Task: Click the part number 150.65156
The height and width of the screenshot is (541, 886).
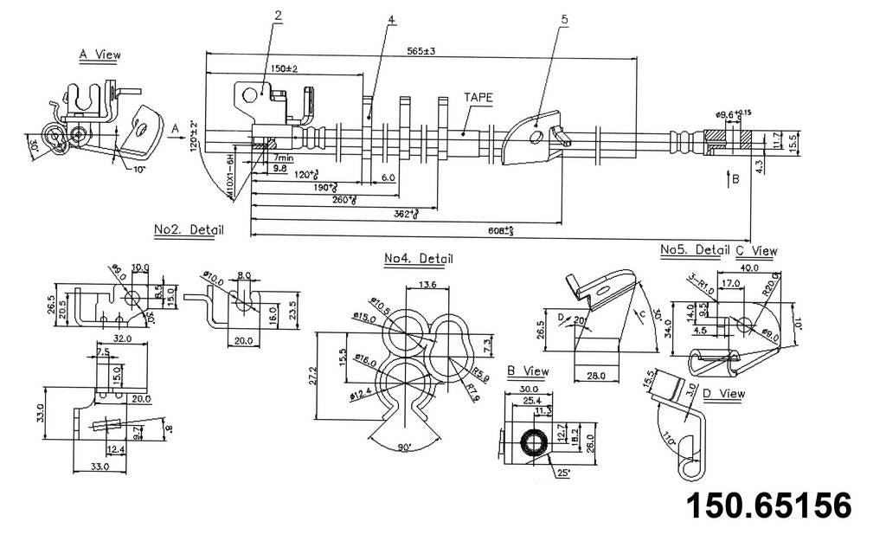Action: click(x=768, y=506)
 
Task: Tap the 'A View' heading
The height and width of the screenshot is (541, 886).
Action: click(x=100, y=55)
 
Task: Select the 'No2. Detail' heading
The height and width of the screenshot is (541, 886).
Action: click(x=189, y=230)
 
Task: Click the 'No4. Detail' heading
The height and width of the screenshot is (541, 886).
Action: click(x=418, y=258)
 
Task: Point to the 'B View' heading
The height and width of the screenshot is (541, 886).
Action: click(x=528, y=371)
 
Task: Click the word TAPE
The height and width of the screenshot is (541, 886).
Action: click(x=478, y=98)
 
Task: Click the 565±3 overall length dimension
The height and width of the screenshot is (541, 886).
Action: click(x=421, y=51)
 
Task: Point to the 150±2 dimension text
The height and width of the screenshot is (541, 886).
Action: click(x=284, y=69)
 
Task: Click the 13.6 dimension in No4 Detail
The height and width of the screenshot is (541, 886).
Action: click(x=427, y=286)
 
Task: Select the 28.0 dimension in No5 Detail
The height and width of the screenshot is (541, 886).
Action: click(x=596, y=376)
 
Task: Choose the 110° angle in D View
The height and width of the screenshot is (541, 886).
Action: click(x=668, y=439)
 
